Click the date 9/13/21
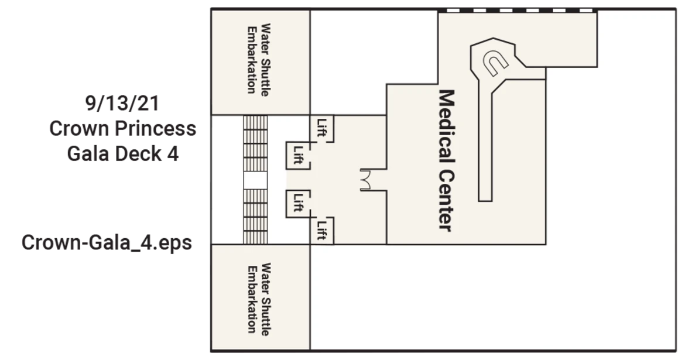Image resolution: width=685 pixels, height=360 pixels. tap(122, 103)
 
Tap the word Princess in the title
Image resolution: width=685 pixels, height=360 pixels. tap(156, 128)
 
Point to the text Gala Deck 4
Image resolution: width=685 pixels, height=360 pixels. tap(123, 154)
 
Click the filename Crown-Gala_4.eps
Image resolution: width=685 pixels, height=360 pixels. tap(107, 242)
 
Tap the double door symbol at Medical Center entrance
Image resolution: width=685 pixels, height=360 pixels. tap(366, 180)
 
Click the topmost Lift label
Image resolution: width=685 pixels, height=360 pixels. tap(322, 128)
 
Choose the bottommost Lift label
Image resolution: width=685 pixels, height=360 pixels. tap(322, 230)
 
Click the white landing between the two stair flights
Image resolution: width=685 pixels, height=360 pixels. tap(255, 180)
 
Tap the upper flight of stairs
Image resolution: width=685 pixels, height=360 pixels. tap(255, 144)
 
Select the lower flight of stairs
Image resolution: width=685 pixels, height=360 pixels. tap(255, 216)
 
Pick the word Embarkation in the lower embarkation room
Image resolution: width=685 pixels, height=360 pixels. tap(252, 300)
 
